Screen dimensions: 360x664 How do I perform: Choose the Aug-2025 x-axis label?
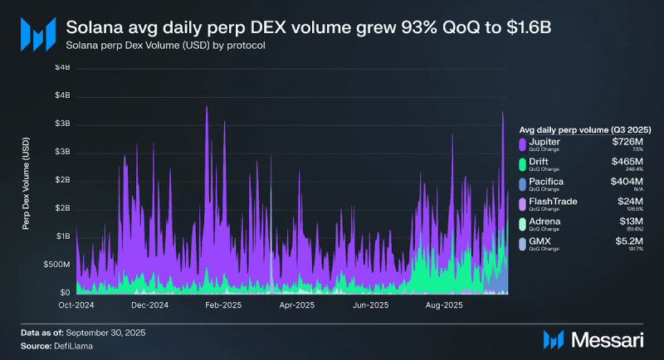(442, 305)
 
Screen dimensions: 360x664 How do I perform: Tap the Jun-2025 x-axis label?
(371, 305)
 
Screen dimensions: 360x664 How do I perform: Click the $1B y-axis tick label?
(62, 236)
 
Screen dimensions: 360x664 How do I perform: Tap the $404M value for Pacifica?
(627, 181)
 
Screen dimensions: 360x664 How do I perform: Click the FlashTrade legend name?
(552, 202)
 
